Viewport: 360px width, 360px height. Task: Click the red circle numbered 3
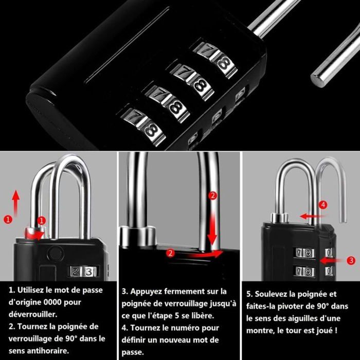(351, 260)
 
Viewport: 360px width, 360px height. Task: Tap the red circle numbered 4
(323, 205)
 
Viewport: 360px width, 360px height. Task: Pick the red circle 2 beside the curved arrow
(170, 253)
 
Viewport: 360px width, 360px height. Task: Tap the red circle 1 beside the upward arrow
(8, 220)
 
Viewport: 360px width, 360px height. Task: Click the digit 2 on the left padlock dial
(75, 272)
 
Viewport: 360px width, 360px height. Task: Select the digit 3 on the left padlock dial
(89, 272)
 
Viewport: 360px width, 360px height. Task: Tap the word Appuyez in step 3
(146, 292)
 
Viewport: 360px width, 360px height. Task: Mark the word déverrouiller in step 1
(33, 314)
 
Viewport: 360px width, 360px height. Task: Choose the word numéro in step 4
(185, 328)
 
